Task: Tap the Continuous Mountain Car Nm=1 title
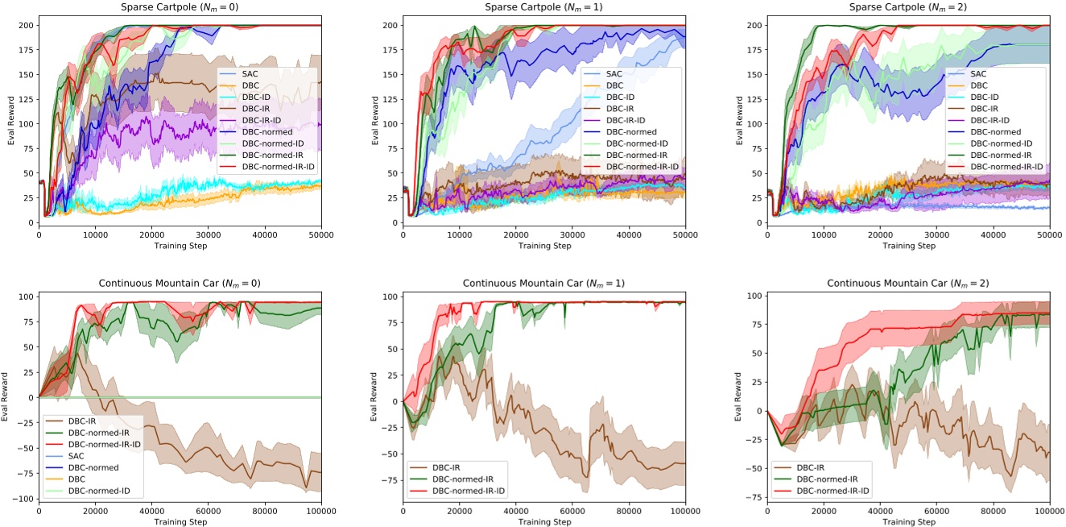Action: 543,283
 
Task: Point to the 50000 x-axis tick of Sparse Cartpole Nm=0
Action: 320,234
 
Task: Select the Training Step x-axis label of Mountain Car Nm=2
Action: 907,521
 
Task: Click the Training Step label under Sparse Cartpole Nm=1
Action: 543,245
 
